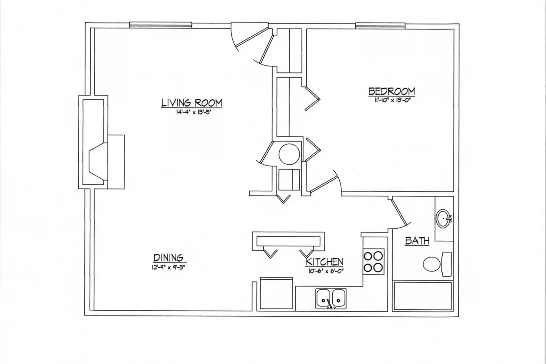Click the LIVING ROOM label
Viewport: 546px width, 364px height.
192,103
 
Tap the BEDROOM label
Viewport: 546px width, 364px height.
392,91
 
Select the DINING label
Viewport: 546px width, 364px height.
168,258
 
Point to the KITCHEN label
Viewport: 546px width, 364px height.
325,262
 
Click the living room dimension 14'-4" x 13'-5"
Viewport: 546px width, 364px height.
193,112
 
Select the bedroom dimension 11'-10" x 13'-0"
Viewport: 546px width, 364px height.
393,100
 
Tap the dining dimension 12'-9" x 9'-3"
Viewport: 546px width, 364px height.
168,267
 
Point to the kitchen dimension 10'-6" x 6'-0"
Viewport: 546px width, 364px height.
326,271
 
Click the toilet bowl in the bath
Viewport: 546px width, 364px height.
432,264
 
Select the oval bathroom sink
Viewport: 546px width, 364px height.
444,219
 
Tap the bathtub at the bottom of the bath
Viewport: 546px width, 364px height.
423,296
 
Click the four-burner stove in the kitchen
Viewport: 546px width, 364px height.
374,262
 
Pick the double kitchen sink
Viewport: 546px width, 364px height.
331,299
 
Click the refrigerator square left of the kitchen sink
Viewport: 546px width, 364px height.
276,293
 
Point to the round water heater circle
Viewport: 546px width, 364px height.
289,154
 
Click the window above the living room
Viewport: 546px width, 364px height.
161,25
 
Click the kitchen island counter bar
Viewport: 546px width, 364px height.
288,241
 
